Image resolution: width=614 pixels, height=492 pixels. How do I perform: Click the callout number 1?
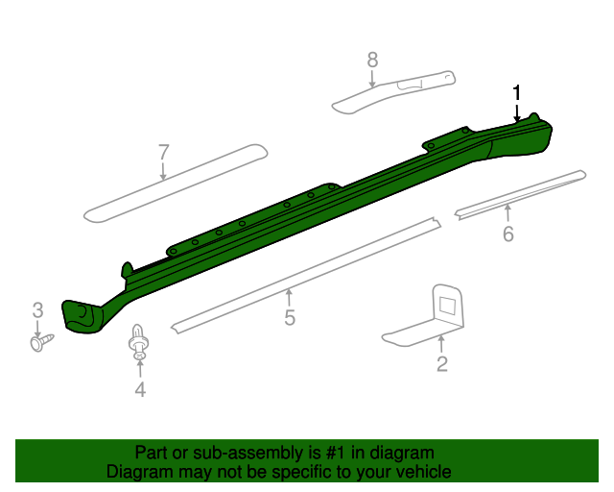(x=517, y=93)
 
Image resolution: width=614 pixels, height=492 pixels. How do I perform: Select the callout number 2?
(x=441, y=364)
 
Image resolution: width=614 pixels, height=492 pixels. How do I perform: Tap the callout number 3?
(x=38, y=309)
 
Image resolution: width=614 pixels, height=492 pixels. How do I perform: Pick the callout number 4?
(x=140, y=389)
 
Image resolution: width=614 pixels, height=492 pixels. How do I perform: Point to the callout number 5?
(x=290, y=318)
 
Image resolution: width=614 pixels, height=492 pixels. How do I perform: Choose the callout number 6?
(x=508, y=234)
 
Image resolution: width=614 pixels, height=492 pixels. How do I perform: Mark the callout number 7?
(x=163, y=152)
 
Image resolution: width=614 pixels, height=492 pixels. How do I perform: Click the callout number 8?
(x=373, y=61)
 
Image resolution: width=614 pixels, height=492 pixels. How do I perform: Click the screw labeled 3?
(x=42, y=340)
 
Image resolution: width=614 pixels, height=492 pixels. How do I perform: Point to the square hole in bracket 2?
(x=447, y=305)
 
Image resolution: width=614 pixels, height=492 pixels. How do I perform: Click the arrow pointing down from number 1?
(x=517, y=112)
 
